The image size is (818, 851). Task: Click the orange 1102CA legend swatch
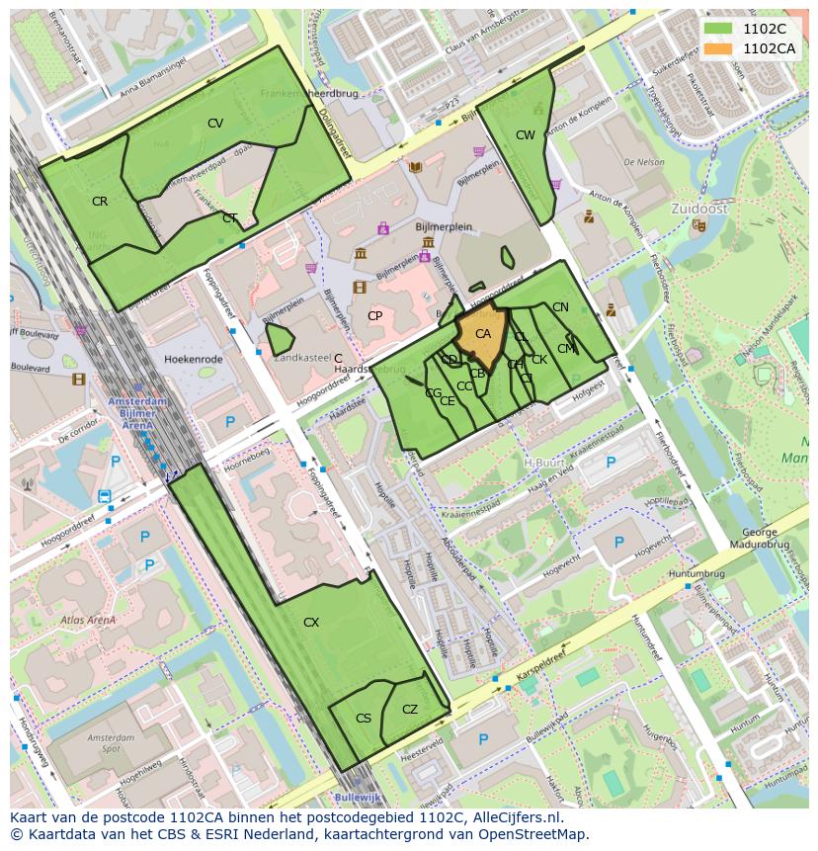[x=719, y=47]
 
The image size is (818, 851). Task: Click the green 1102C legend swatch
[x=719, y=29]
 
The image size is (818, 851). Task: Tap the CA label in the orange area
[x=483, y=334]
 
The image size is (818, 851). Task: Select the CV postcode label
[x=215, y=124]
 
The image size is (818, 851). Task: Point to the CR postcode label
[x=100, y=202]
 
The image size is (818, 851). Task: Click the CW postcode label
[x=526, y=134]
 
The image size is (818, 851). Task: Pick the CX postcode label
[x=311, y=623]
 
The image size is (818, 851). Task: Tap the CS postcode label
[x=364, y=719]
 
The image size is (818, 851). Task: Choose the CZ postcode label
[x=410, y=710]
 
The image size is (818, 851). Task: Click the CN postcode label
[x=560, y=307]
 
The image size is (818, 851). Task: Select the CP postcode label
[x=375, y=316]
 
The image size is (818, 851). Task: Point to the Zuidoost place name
[x=698, y=209]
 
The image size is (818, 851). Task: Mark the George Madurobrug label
[x=759, y=538]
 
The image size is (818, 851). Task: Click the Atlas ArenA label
[x=88, y=621]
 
